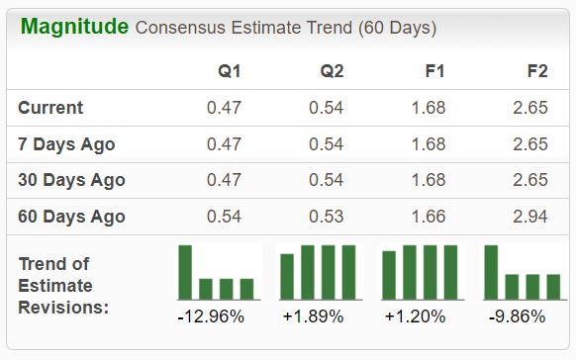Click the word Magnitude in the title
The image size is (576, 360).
tap(74, 27)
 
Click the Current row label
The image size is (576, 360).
tap(51, 108)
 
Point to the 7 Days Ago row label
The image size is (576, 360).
tap(67, 144)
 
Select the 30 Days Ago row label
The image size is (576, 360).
tap(72, 181)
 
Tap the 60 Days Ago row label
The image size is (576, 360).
tap(72, 217)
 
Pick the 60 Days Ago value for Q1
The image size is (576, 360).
tap(225, 217)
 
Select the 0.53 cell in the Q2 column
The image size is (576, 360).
tap(327, 217)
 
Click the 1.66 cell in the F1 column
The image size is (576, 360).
tap(429, 217)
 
